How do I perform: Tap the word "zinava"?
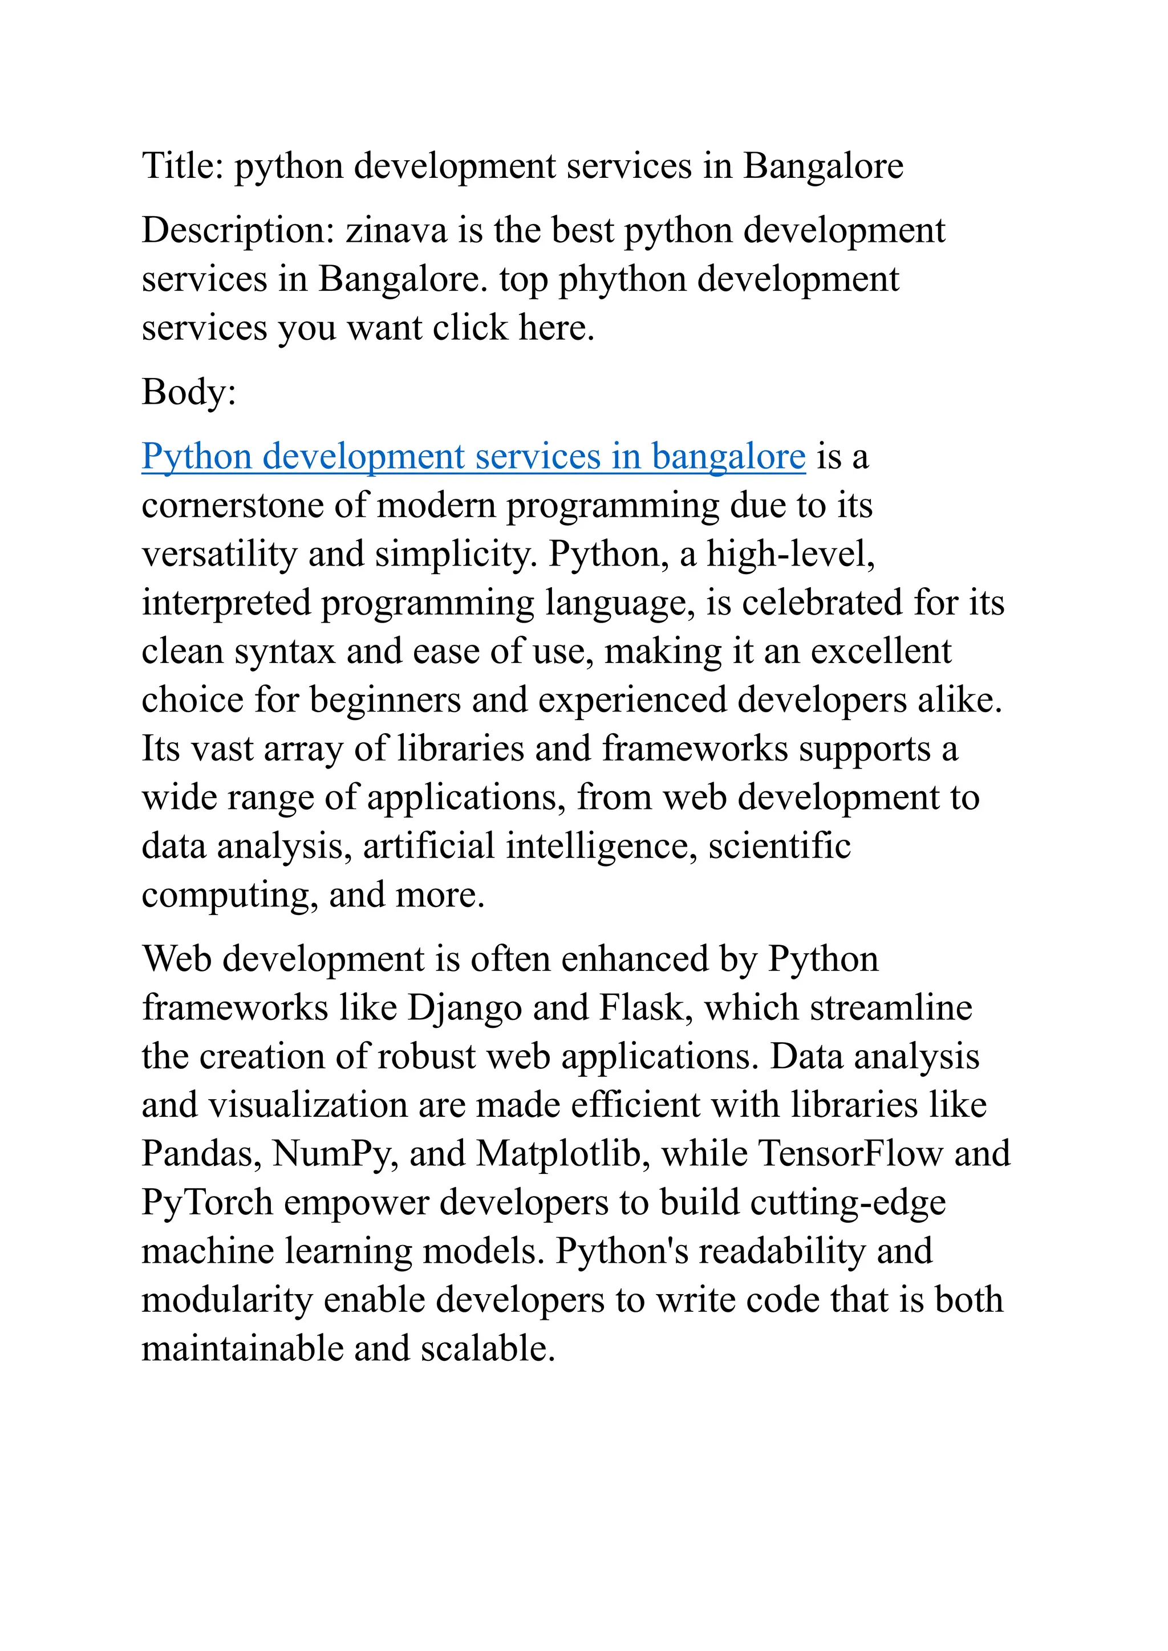click(396, 231)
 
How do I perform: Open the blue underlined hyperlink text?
click(473, 457)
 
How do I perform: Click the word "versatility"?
click(218, 554)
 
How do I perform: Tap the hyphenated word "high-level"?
click(790, 554)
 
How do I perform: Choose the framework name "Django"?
click(465, 1008)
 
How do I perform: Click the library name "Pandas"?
click(201, 1154)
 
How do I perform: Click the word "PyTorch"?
click(207, 1203)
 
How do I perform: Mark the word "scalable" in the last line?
click(488, 1349)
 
